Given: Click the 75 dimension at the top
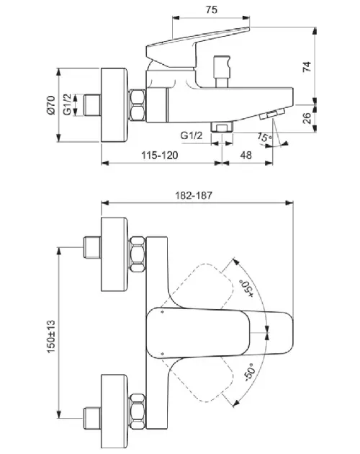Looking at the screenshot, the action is click(212, 9).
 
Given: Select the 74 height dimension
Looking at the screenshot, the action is click(307, 67).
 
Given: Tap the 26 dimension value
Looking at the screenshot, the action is click(307, 118).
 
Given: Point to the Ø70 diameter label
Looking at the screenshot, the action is click(50, 104).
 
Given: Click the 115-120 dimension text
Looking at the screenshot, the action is click(159, 155).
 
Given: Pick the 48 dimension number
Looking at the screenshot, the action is click(246, 155).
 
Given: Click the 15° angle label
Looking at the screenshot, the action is click(264, 137).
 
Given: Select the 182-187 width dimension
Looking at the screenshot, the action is click(194, 195).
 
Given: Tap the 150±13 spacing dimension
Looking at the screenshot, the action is click(51, 337).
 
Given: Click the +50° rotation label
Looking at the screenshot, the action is click(246, 288).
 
